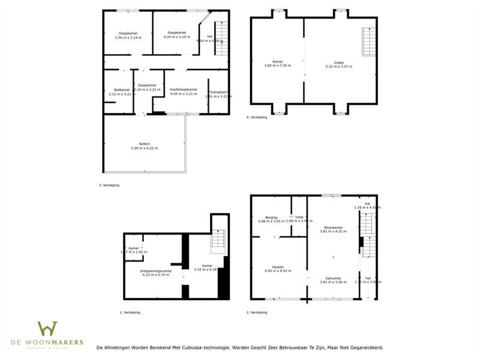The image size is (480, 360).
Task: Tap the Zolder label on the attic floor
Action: tap(339, 62)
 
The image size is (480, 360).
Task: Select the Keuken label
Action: tap(277, 266)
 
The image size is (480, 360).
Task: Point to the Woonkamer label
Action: tap(333, 227)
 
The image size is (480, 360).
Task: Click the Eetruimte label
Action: tap(333, 278)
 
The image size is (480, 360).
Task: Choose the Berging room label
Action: tap(271, 217)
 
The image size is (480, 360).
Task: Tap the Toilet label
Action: tap(299, 217)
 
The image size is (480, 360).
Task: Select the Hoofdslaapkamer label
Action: tap(184, 90)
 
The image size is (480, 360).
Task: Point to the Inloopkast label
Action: tap(218, 92)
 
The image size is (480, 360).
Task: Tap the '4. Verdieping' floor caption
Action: tap(257, 116)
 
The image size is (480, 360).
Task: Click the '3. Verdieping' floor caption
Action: tap(109, 185)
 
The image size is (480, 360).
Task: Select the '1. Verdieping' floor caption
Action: tap(130, 313)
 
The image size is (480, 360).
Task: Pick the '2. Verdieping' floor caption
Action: tap(257, 313)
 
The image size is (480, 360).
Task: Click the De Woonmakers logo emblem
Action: tap(47, 329)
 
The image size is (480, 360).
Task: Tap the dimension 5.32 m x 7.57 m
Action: tap(339, 67)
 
